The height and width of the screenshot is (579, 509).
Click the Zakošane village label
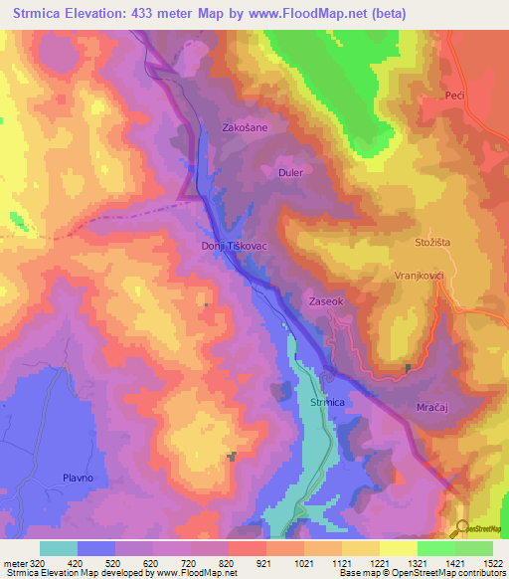pos(245,127)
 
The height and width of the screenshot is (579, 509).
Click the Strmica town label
pos(327,402)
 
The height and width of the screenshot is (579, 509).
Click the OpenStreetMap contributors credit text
pos(457,573)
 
